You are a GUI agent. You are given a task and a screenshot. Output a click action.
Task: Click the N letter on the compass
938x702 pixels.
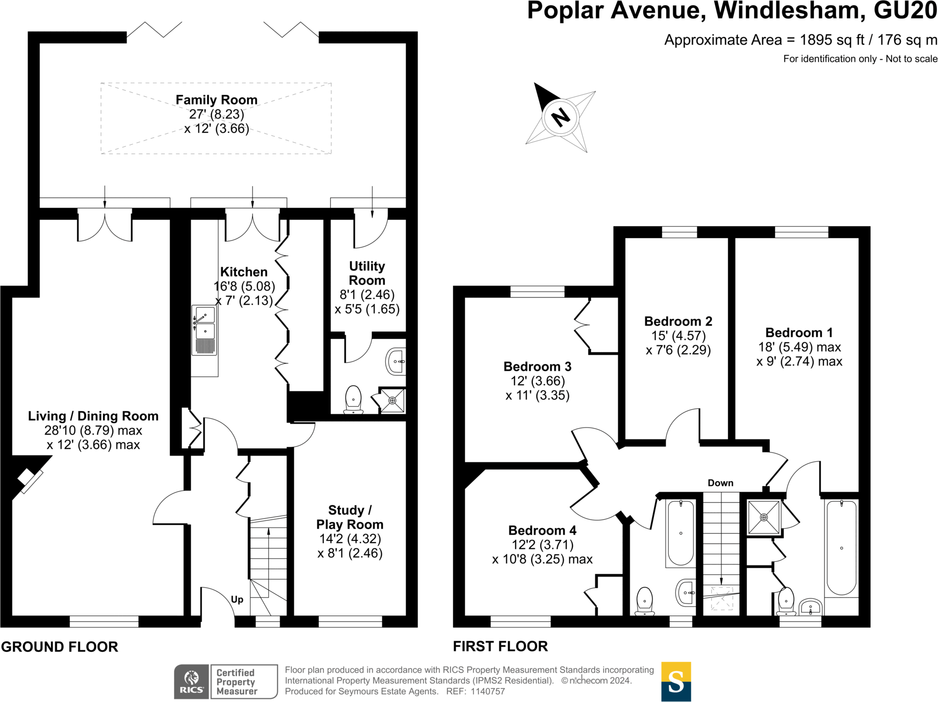(560, 118)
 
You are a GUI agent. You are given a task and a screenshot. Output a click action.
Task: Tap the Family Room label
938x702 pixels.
(216, 100)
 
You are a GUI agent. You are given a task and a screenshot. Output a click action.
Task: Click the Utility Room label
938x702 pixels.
(367, 273)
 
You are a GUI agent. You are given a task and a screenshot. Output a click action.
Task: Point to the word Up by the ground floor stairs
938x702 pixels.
(237, 599)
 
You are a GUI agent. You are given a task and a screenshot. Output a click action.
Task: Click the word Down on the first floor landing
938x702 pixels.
(720, 483)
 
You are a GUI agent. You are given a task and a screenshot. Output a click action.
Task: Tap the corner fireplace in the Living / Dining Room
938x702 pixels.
(29, 479)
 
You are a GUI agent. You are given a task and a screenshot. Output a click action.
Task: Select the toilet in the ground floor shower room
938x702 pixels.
(354, 399)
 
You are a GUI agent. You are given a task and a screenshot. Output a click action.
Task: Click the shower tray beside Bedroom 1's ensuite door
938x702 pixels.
(764, 517)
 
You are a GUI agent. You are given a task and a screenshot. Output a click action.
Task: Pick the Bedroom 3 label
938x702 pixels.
(537, 367)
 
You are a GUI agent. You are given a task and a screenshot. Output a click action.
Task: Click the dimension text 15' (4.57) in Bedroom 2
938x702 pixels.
(678, 336)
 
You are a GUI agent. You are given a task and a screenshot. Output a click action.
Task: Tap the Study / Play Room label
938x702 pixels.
(349, 517)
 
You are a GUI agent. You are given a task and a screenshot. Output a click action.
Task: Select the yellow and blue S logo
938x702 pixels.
(676, 681)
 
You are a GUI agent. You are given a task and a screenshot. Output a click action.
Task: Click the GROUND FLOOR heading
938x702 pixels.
(60, 647)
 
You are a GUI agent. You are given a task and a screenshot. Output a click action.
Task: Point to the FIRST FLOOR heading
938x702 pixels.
(500, 646)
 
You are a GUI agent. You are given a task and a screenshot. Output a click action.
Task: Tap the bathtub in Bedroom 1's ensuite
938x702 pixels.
(841, 547)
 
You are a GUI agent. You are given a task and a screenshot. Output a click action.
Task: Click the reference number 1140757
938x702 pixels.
(487, 692)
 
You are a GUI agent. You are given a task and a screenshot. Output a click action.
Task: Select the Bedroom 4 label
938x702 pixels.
(542, 531)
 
